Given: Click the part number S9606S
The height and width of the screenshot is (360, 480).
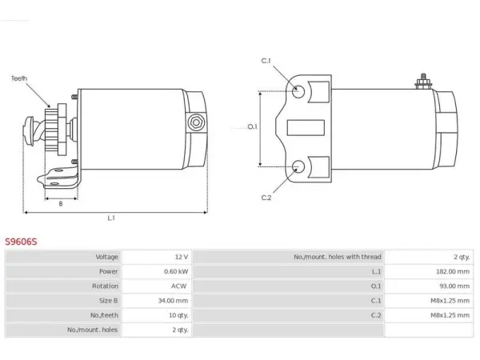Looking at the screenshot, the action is click(x=21, y=242).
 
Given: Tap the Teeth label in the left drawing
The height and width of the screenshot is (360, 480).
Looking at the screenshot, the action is click(x=19, y=78).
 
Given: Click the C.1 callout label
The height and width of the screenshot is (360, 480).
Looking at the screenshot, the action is click(x=266, y=61).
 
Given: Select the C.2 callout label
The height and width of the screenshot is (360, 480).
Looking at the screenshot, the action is click(x=266, y=198).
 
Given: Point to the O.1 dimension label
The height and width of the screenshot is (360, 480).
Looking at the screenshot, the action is click(x=252, y=126).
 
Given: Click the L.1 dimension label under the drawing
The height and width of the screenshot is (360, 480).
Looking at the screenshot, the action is click(x=111, y=218).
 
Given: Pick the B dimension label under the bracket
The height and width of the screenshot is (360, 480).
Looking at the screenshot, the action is click(x=61, y=203).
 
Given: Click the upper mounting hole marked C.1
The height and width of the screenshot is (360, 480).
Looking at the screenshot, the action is click(x=298, y=91).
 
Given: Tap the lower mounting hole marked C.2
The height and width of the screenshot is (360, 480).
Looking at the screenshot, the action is click(x=298, y=166).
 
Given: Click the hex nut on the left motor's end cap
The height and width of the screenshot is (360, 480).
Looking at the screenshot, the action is click(x=196, y=122).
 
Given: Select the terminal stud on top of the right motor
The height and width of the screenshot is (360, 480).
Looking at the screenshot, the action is click(x=423, y=82).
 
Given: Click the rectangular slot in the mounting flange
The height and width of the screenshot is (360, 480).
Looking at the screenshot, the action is click(x=306, y=128).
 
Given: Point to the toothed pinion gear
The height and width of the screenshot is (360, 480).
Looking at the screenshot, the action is click(x=51, y=130).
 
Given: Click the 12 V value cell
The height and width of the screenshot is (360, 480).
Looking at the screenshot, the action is click(x=182, y=257).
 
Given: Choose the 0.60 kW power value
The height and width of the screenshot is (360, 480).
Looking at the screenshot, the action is click(x=176, y=271).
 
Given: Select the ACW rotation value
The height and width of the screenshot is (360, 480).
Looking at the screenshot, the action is click(x=178, y=286).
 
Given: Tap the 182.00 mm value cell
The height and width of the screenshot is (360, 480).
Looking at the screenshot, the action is click(x=453, y=271).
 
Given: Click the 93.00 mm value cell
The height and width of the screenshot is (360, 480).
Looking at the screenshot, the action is click(x=454, y=286).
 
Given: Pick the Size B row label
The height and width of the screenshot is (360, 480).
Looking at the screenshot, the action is click(x=108, y=301).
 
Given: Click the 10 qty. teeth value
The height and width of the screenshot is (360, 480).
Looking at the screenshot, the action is click(x=178, y=315).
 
